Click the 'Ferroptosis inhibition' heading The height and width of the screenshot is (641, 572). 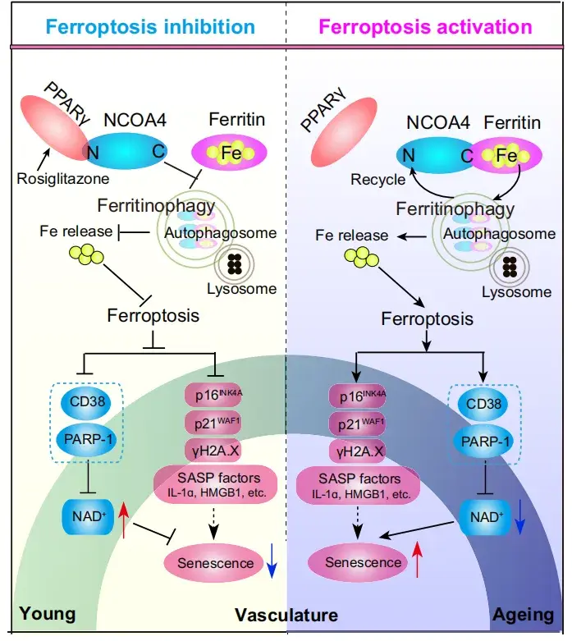[x=150, y=26]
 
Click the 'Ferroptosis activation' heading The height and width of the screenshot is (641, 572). [x=425, y=27]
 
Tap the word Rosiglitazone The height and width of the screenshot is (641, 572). [x=63, y=179]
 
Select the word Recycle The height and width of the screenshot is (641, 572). [x=378, y=180]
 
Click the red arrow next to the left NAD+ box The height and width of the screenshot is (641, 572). [x=123, y=520]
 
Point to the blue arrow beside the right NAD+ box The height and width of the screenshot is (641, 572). [x=519, y=516]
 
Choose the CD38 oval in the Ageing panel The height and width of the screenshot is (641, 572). [x=483, y=405]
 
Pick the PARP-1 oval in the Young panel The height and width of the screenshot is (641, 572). [x=88, y=439]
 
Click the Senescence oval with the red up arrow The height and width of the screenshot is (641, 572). [x=358, y=563]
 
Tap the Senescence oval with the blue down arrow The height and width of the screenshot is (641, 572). [x=215, y=563]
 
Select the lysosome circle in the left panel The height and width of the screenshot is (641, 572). [x=234, y=264]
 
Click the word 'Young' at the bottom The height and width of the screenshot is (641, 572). [x=48, y=615]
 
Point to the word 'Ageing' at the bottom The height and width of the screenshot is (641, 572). [x=524, y=615]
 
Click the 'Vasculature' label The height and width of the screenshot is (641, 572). [x=286, y=616]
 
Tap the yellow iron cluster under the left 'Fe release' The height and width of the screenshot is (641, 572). [x=86, y=254]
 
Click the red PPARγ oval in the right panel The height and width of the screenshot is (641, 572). [x=344, y=131]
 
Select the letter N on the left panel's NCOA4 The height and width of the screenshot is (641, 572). [x=93, y=153]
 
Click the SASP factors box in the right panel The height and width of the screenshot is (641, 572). [x=358, y=485]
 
